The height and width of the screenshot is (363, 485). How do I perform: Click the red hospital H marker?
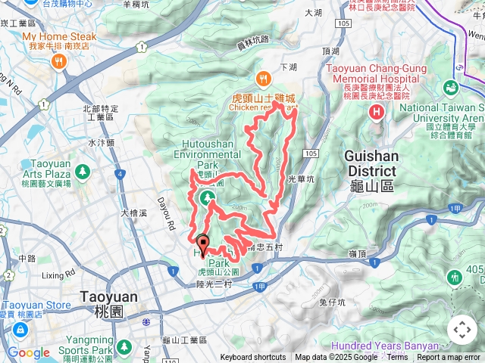pyautogui.click(x=377, y=113)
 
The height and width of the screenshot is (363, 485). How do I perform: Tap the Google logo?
pyautogui.click(x=28, y=352)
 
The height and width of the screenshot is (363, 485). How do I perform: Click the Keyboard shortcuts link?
pyautogui.click(x=253, y=358)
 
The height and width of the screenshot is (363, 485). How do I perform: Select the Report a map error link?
pyautogui.click(x=449, y=358)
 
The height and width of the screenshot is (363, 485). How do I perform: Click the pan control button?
pyautogui.click(x=462, y=330)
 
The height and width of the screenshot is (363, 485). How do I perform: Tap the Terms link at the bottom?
pyautogui.click(x=397, y=358)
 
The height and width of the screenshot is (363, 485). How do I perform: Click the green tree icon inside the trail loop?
pyautogui.click(x=208, y=199)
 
